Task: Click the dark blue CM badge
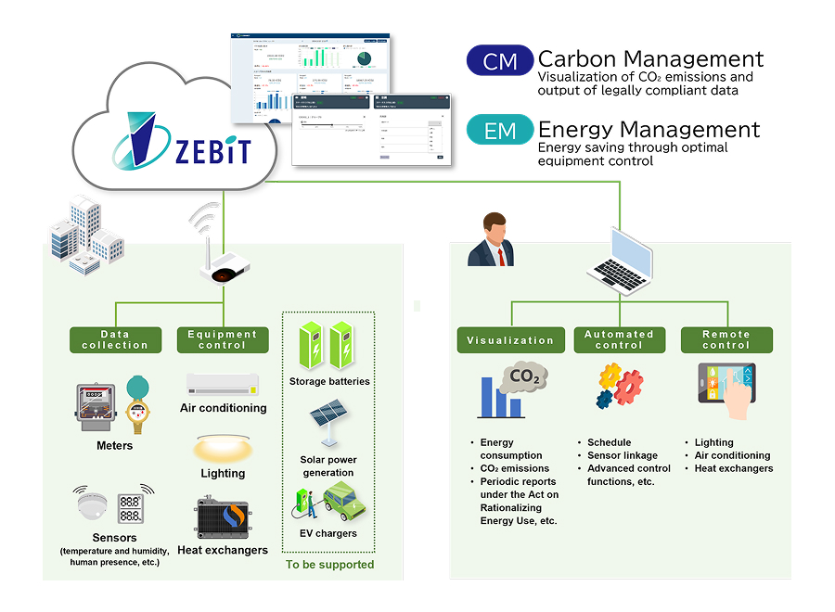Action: (500, 62)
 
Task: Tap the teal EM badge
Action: (500, 131)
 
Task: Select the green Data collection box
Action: (115, 339)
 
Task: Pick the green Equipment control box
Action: (223, 339)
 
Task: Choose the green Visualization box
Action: (510, 339)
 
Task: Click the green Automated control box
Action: (619, 339)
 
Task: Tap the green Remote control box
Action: (726, 339)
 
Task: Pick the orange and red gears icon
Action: (618, 387)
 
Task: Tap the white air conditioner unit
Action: (223, 383)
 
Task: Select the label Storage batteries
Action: (329, 381)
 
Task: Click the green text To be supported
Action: (329, 564)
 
